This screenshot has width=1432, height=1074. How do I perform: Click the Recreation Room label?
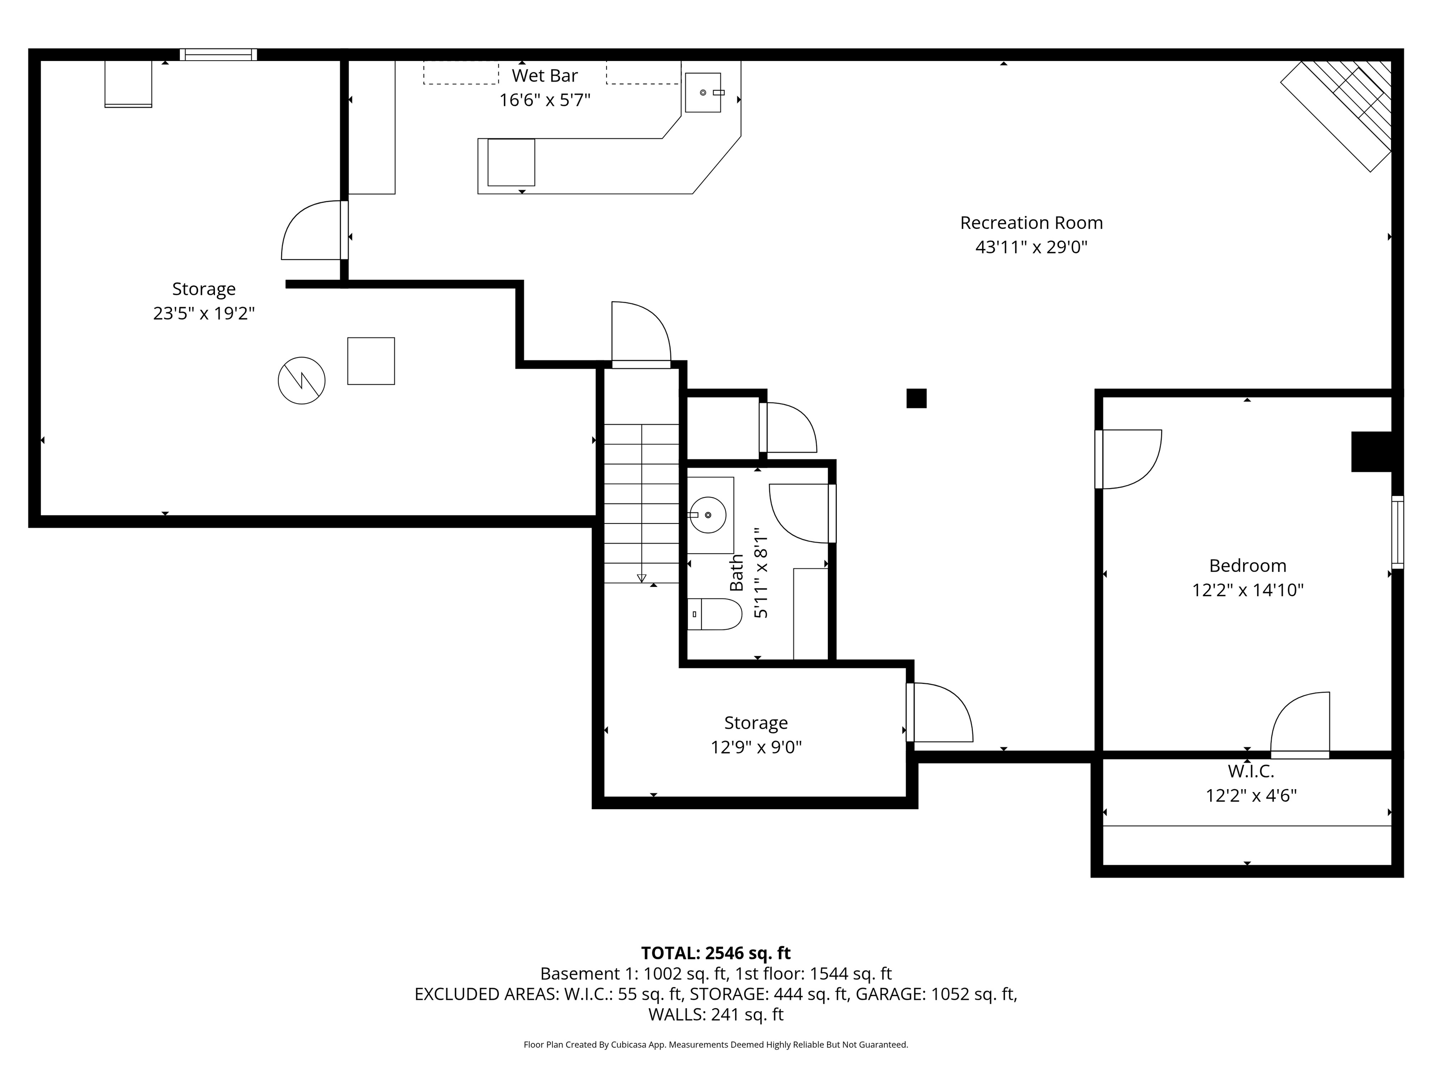[x=1031, y=223]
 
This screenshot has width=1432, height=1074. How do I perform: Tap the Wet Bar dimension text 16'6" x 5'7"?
[x=544, y=100]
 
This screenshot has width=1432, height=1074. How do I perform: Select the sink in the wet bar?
[x=703, y=93]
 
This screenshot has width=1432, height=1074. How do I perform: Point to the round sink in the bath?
[x=708, y=515]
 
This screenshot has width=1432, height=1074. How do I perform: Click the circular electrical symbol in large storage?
[x=302, y=381]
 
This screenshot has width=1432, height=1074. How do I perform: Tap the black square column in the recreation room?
[x=916, y=398]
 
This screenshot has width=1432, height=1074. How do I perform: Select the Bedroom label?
[x=1247, y=566]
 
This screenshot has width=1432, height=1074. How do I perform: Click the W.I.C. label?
[x=1251, y=771]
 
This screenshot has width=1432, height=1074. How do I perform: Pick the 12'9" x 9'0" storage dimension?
[x=756, y=747]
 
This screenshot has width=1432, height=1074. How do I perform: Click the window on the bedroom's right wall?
[x=1397, y=532]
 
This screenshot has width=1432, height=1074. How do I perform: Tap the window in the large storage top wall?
[x=218, y=55]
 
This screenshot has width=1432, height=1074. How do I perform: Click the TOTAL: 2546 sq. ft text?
[x=716, y=953]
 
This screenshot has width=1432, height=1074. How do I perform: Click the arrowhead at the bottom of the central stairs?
[x=641, y=578]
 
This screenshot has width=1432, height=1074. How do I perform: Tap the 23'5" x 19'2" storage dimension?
[x=204, y=313]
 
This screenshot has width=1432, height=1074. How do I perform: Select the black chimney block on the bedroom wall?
[x=1371, y=451]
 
